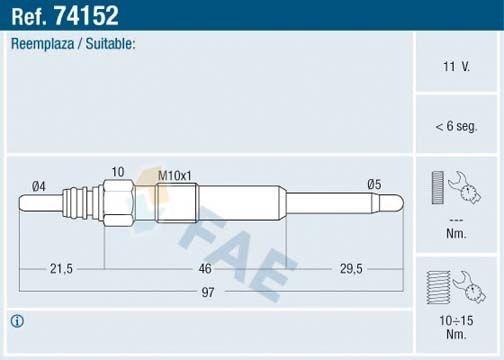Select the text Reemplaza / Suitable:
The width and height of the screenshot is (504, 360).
(x=72, y=45)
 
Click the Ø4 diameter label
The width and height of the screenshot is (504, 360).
(x=39, y=185)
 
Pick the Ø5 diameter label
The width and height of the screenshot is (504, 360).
(x=374, y=184)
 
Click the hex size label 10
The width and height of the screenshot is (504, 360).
(x=118, y=172)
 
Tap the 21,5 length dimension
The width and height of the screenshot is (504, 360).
(x=62, y=268)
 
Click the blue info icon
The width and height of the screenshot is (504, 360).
(x=16, y=321)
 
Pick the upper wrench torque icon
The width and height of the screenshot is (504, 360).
(x=455, y=188)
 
